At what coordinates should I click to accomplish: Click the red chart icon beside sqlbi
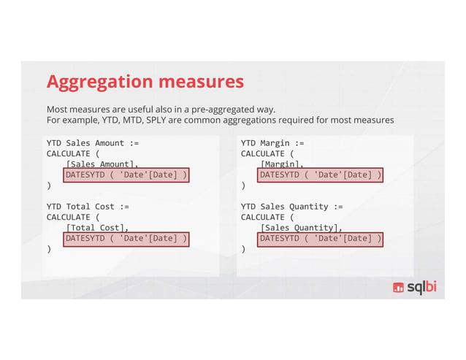point(399,288)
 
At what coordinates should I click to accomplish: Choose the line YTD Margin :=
point(272,143)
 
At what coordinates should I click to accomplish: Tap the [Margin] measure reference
point(281,165)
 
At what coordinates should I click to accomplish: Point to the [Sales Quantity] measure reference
point(300,228)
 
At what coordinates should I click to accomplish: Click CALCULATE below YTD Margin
point(263,154)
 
